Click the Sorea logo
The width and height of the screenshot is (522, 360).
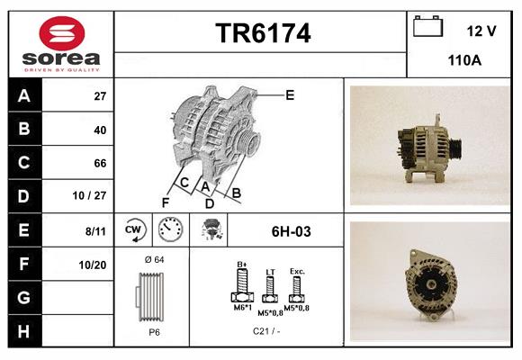pos(61,45)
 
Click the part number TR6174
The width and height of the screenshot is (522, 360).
pos(263,34)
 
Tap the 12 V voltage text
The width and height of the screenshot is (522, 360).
pos(481,31)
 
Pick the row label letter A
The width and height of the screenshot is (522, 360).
pos(23,96)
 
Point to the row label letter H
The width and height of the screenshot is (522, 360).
pos(23,330)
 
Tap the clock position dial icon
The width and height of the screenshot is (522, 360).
pos(171,230)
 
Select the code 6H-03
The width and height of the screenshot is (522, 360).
pos(291,231)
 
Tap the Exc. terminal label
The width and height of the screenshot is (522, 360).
pos(297,271)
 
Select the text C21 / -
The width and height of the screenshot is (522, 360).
pos(266,330)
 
